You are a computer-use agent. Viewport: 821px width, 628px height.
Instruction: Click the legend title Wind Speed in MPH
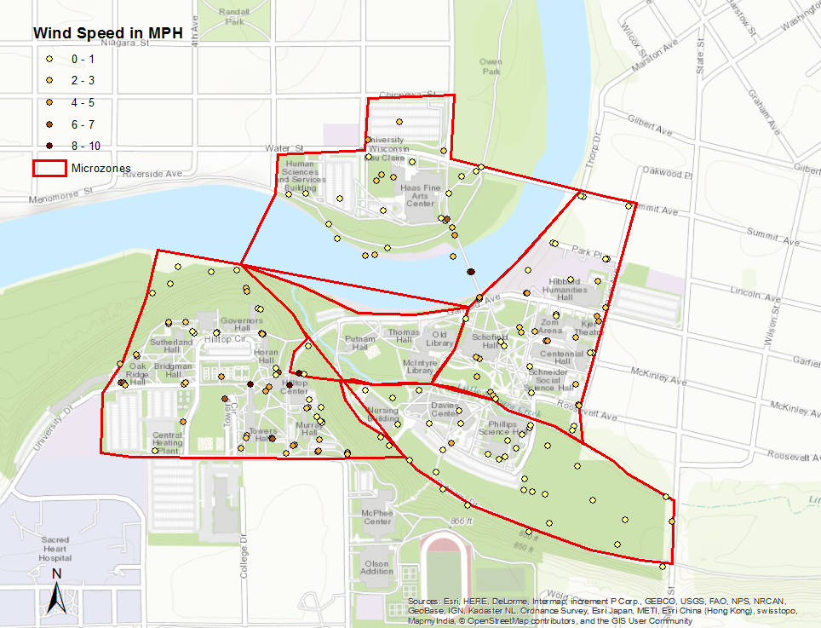click(108, 33)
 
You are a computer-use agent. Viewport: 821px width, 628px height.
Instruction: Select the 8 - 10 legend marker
click(50, 146)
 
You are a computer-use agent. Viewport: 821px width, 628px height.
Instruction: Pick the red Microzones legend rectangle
click(49, 168)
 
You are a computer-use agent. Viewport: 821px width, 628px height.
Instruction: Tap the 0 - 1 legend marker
click(50, 59)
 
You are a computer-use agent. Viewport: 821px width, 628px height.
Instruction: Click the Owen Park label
click(491, 67)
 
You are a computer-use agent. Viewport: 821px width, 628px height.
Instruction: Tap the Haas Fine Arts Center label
click(420, 195)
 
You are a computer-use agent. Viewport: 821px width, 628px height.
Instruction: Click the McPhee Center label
click(376, 516)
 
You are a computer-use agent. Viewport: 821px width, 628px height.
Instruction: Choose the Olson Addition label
click(377, 567)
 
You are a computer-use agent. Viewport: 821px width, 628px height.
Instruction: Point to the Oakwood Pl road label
click(664, 174)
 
